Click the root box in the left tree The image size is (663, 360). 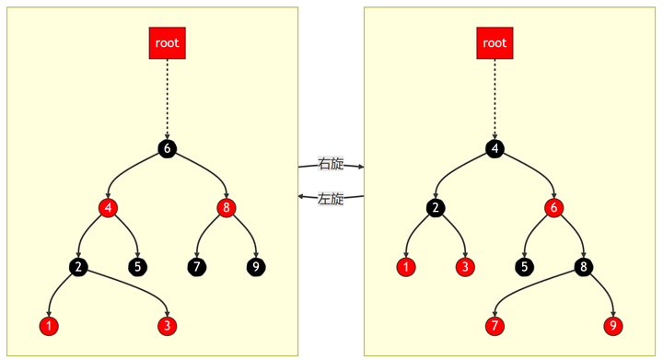tap(167, 42)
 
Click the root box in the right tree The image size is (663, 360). tap(494, 42)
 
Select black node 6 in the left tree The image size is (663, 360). tap(167, 148)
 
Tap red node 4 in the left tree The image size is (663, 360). tap(108, 207)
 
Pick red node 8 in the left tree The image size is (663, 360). tap(226, 207)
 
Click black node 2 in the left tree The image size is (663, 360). tap(78, 267)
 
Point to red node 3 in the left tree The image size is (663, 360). tap(167, 326)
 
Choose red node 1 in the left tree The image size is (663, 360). tap(49, 326)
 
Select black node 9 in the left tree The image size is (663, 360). tap(255, 267)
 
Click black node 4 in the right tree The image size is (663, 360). tap(494, 148)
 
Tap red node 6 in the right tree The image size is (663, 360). tap(553, 207)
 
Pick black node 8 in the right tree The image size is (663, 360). tap(583, 267)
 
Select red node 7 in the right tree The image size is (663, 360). tap(494, 326)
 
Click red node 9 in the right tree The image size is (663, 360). tap(612, 326)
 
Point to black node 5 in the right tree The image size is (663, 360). tap(524, 267)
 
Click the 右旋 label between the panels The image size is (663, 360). tap(331, 164)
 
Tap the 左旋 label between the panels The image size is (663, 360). tap(331, 198)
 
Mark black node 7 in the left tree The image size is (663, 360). tap(196, 267)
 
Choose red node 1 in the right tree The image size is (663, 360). tap(406, 267)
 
